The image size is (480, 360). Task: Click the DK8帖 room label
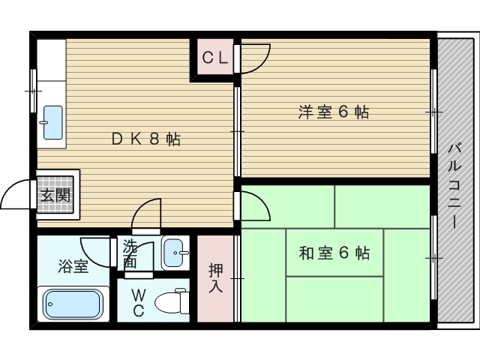click(146, 139)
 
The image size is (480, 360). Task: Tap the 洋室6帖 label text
click(334, 112)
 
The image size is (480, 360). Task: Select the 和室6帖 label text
click(334, 253)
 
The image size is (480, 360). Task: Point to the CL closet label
click(215, 57)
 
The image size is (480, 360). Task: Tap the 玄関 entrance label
click(55, 196)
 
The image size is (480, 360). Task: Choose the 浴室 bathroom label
click(73, 266)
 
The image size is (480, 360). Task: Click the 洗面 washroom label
click(130, 253)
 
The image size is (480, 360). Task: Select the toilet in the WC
click(172, 301)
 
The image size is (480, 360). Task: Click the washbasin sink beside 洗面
click(175, 253)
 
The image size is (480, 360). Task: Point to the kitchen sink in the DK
click(52, 122)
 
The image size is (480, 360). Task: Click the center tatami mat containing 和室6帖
click(334, 253)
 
